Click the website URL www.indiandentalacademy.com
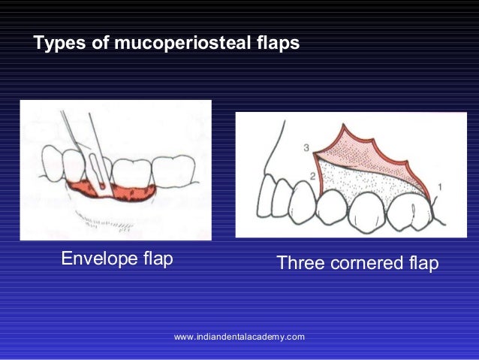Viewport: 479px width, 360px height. [x=239, y=337]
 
